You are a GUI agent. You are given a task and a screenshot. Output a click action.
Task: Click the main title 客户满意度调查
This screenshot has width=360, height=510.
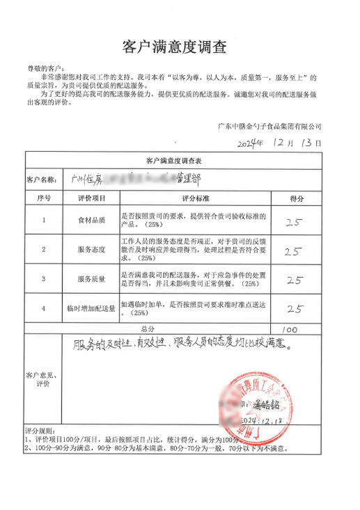point(174,47)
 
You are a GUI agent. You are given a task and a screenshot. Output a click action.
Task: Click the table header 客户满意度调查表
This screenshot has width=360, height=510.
point(174,160)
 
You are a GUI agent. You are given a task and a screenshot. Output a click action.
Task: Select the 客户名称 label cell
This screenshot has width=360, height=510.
point(40,180)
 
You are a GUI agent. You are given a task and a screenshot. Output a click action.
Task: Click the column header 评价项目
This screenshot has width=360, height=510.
point(92,198)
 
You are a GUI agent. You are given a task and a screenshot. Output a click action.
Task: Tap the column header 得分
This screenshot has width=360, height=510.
point(296,198)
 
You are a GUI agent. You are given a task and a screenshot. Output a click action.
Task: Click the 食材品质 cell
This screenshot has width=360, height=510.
point(92,221)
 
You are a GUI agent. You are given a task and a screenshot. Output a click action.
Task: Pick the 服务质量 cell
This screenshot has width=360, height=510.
point(92,279)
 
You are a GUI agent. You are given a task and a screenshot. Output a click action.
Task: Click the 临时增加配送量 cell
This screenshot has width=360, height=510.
point(92,308)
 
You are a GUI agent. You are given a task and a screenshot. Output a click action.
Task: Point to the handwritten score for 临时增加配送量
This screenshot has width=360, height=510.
point(295,309)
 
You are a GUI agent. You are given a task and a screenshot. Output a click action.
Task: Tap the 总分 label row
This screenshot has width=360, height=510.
point(146,329)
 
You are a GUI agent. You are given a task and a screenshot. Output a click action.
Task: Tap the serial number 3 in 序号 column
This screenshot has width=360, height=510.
point(44,279)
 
